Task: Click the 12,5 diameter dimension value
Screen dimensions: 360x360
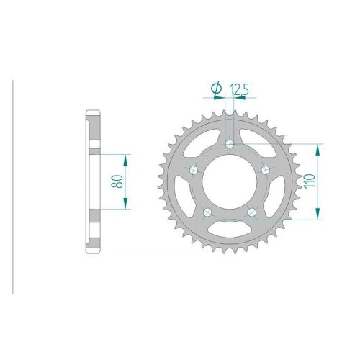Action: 239,89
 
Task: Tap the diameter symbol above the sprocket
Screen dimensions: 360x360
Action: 216,89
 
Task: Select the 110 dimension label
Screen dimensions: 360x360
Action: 310,181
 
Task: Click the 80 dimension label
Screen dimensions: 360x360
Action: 117,181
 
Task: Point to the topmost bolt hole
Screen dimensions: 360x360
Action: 230,144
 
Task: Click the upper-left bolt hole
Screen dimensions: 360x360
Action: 194,171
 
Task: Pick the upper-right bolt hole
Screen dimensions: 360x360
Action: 266,171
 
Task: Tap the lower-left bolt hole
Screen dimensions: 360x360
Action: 207,212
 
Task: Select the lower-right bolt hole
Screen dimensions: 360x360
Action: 252,212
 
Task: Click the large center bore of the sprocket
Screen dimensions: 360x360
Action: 230,181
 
